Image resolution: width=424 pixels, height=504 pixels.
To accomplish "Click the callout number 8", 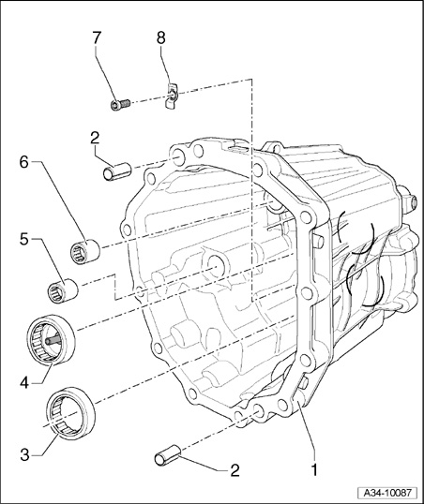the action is click(161, 37).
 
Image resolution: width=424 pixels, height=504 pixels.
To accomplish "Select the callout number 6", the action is click(24, 162).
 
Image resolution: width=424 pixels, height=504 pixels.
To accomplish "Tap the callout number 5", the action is click(24, 240).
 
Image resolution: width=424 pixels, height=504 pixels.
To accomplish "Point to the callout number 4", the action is click(25, 383).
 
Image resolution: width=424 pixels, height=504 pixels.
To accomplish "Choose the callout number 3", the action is click(25, 455).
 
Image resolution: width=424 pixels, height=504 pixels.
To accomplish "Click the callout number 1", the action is click(314, 470).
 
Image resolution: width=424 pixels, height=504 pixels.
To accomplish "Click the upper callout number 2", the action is click(95, 139).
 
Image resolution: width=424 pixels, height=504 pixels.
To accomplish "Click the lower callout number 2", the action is click(235, 470).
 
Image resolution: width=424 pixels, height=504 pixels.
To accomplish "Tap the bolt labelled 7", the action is click(120, 105).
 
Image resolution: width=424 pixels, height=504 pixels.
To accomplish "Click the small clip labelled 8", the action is click(172, 96).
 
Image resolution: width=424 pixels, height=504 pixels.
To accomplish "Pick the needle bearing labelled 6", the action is click(85, 252).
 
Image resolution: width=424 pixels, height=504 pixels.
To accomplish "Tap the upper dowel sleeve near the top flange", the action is click(117, 171).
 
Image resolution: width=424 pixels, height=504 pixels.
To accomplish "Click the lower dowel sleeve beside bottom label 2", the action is click(167, 453).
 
